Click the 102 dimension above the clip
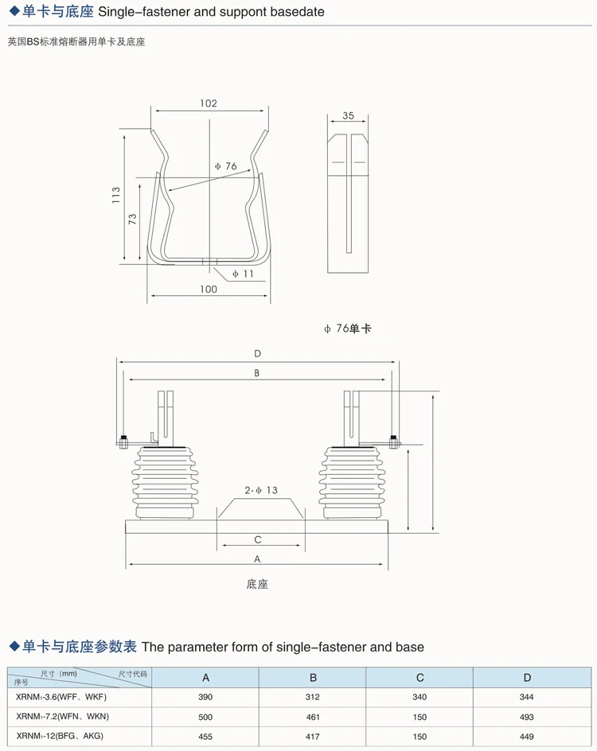point(209,103)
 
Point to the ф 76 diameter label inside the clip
point(226,166)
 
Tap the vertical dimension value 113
point(116,196)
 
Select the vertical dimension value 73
point(133,218)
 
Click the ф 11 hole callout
point(243,274)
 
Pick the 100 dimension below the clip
point(208,290)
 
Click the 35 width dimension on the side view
point(348,115)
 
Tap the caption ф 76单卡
point(347,329)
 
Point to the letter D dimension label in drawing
point(257,353)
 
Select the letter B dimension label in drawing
point(257,372)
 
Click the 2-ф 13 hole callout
point(261,491)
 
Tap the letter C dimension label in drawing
point(258,539)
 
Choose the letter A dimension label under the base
point(257,559)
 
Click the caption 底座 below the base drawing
point(257,584)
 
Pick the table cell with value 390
point(205,697)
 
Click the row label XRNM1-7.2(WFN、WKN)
point(62,717)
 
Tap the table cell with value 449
point(527,737)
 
